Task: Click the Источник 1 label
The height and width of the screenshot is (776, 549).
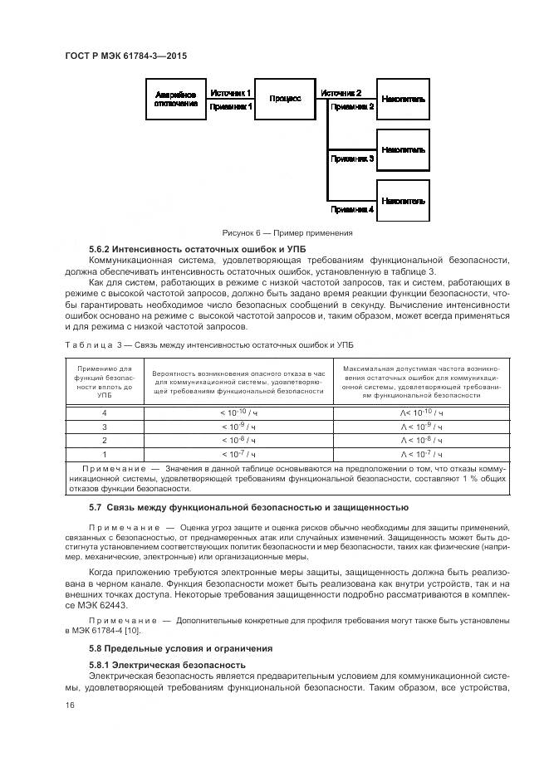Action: click(230, 92)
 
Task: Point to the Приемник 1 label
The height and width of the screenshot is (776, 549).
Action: click(230, 106)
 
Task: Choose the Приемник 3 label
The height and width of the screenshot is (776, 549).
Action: click(352, 158)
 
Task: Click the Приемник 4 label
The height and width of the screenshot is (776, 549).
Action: click(352, 210)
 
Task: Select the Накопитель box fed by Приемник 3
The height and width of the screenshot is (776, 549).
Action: click(404, 150)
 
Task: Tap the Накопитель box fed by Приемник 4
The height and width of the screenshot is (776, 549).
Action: click(404, 202)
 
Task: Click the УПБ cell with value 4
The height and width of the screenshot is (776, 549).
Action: click(104, 412)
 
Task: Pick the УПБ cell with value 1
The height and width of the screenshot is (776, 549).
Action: click(104, 454)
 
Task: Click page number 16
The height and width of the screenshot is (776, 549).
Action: click(70, 705)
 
